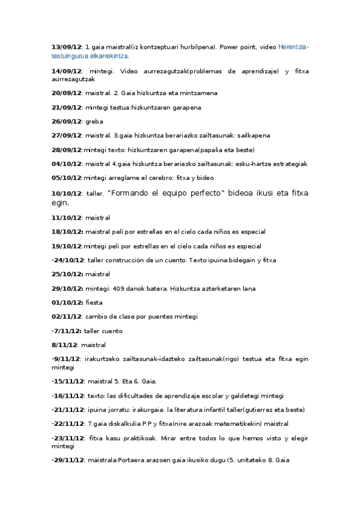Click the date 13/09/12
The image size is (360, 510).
point(66,47)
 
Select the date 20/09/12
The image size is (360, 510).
point(66,93)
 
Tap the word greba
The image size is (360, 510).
point(95,121)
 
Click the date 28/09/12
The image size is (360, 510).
point(66,150)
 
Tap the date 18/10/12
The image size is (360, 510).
point(66,232)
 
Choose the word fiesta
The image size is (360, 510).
point(94,303)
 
